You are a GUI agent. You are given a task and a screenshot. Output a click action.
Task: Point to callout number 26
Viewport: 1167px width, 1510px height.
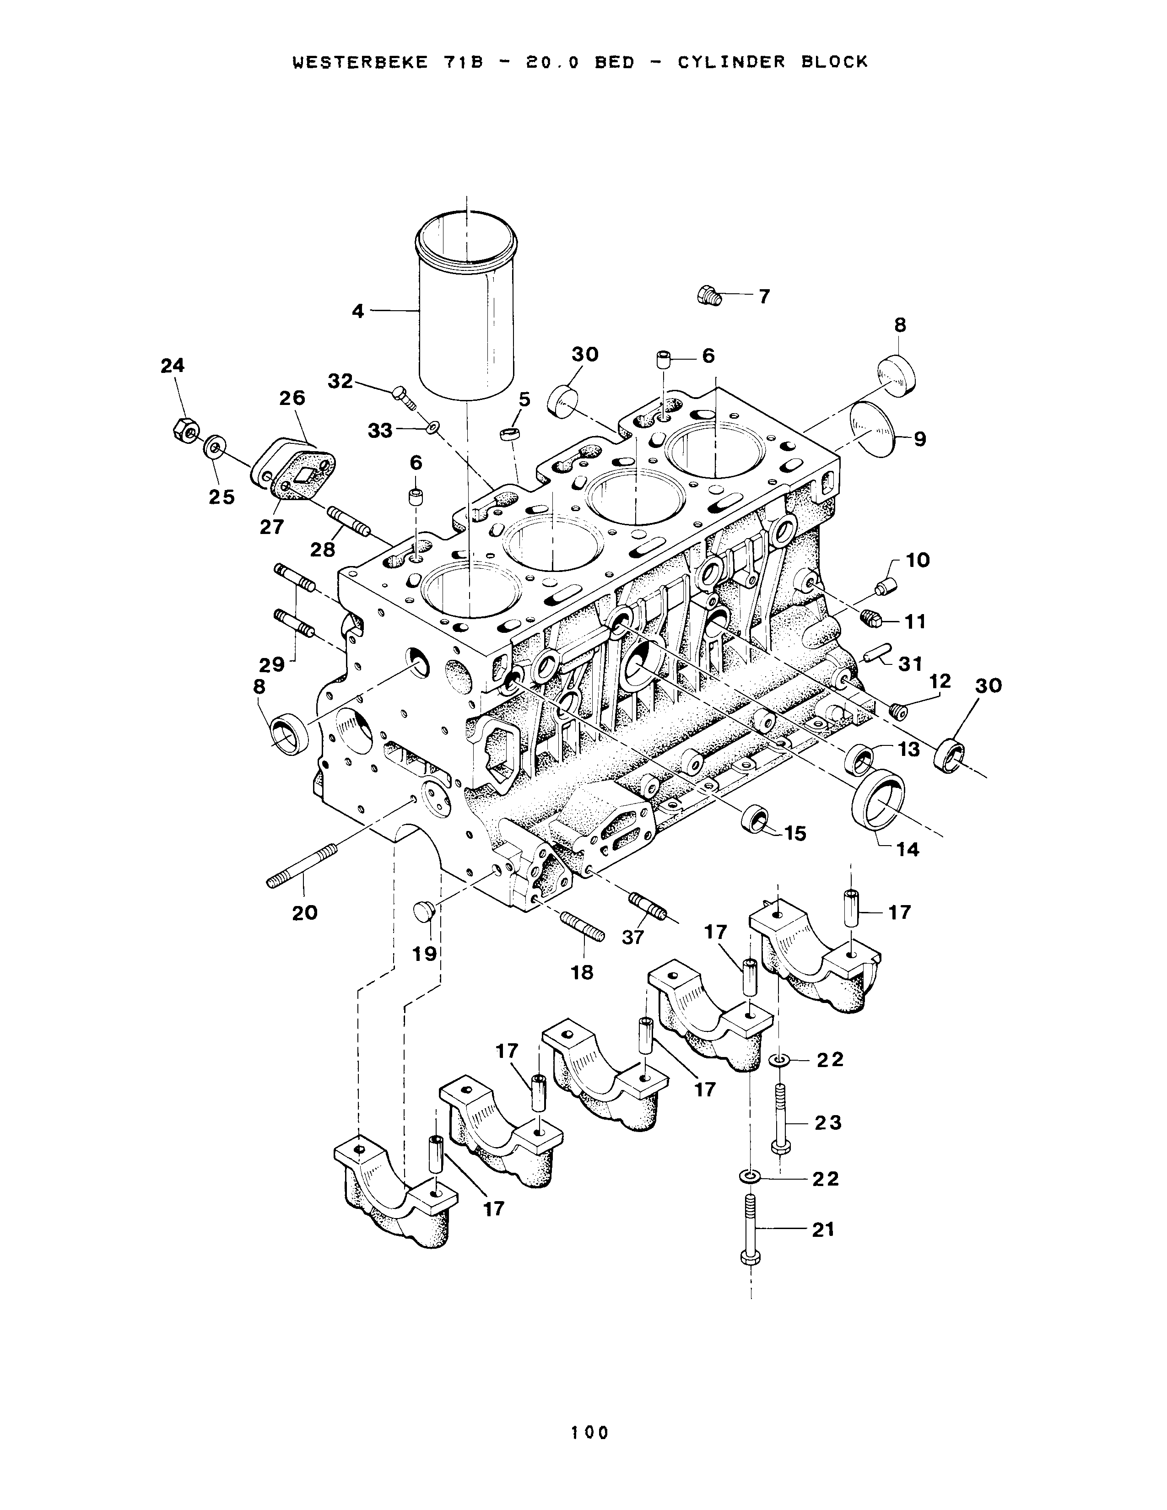[x=292, y=398]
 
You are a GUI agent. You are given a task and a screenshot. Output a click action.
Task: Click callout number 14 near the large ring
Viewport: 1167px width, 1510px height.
[x=908, y=850]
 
